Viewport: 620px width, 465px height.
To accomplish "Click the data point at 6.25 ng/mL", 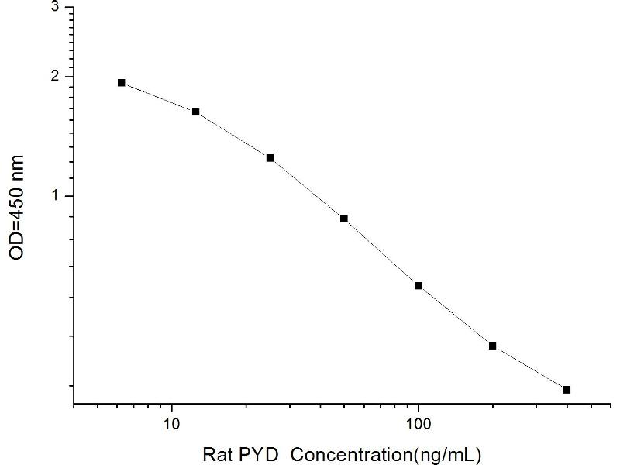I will point(122,82).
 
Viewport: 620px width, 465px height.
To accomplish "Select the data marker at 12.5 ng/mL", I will point(196,112).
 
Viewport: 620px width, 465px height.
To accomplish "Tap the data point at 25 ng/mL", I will point(270,158).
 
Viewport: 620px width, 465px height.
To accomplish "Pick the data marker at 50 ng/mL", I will point(344,219).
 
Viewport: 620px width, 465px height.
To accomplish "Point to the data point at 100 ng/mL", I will point(418,286).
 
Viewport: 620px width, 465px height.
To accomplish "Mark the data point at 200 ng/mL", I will point(493,345).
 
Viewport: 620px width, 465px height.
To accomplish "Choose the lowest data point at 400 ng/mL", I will point(567,389).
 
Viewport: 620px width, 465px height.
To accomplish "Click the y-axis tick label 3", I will point(54,7).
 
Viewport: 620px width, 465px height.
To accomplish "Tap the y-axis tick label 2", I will point(54,77).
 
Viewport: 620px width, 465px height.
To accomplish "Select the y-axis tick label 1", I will point(54,196).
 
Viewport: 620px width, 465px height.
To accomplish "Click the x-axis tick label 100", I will point(418,424).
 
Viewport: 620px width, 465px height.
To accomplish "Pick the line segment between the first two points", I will point(159,97).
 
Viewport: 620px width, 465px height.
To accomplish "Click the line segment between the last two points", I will point(530,367).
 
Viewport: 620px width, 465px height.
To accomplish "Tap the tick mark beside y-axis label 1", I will point(69,196).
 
